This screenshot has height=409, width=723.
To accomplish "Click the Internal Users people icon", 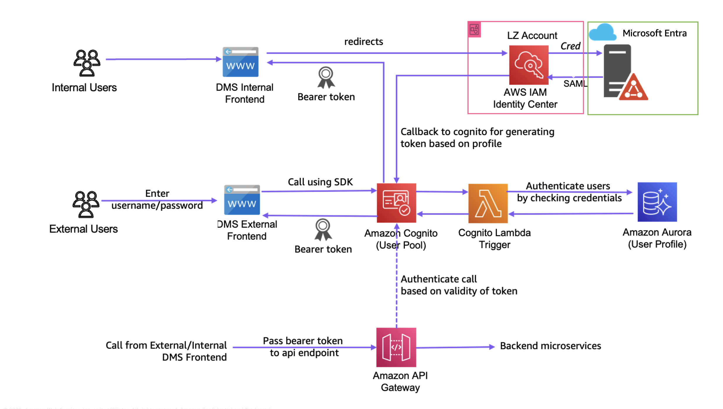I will point(86,63).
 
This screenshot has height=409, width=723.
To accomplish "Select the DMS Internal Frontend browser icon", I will point(240,62).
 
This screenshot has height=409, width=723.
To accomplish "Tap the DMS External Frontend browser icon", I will point(242,200).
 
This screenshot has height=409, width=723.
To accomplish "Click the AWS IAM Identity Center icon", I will point(528,65).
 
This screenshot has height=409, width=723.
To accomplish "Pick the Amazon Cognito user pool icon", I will point(396,203).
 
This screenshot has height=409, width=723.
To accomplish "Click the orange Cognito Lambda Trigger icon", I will point(488,203).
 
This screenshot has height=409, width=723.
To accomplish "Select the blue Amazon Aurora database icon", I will point(657,202).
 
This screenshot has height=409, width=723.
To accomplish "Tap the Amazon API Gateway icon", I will point(396,347).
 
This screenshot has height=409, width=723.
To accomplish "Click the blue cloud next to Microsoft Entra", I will point(602,33).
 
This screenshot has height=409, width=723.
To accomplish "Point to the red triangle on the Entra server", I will point(634,88).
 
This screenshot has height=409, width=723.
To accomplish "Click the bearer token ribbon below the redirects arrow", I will point(326,77).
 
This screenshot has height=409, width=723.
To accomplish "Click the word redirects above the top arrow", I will point(363,42).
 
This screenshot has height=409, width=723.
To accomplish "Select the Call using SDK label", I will point(320,182).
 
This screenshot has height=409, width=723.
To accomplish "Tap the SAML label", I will point(575,84).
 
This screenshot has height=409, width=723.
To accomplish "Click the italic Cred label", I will point(570,46).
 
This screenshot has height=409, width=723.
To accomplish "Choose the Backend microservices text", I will point(550,346).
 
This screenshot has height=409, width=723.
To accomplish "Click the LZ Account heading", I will point(532,35).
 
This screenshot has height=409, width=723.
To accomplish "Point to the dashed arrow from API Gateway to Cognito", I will point(397,293).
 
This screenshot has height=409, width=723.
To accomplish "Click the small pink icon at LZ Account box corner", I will point(474,30).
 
